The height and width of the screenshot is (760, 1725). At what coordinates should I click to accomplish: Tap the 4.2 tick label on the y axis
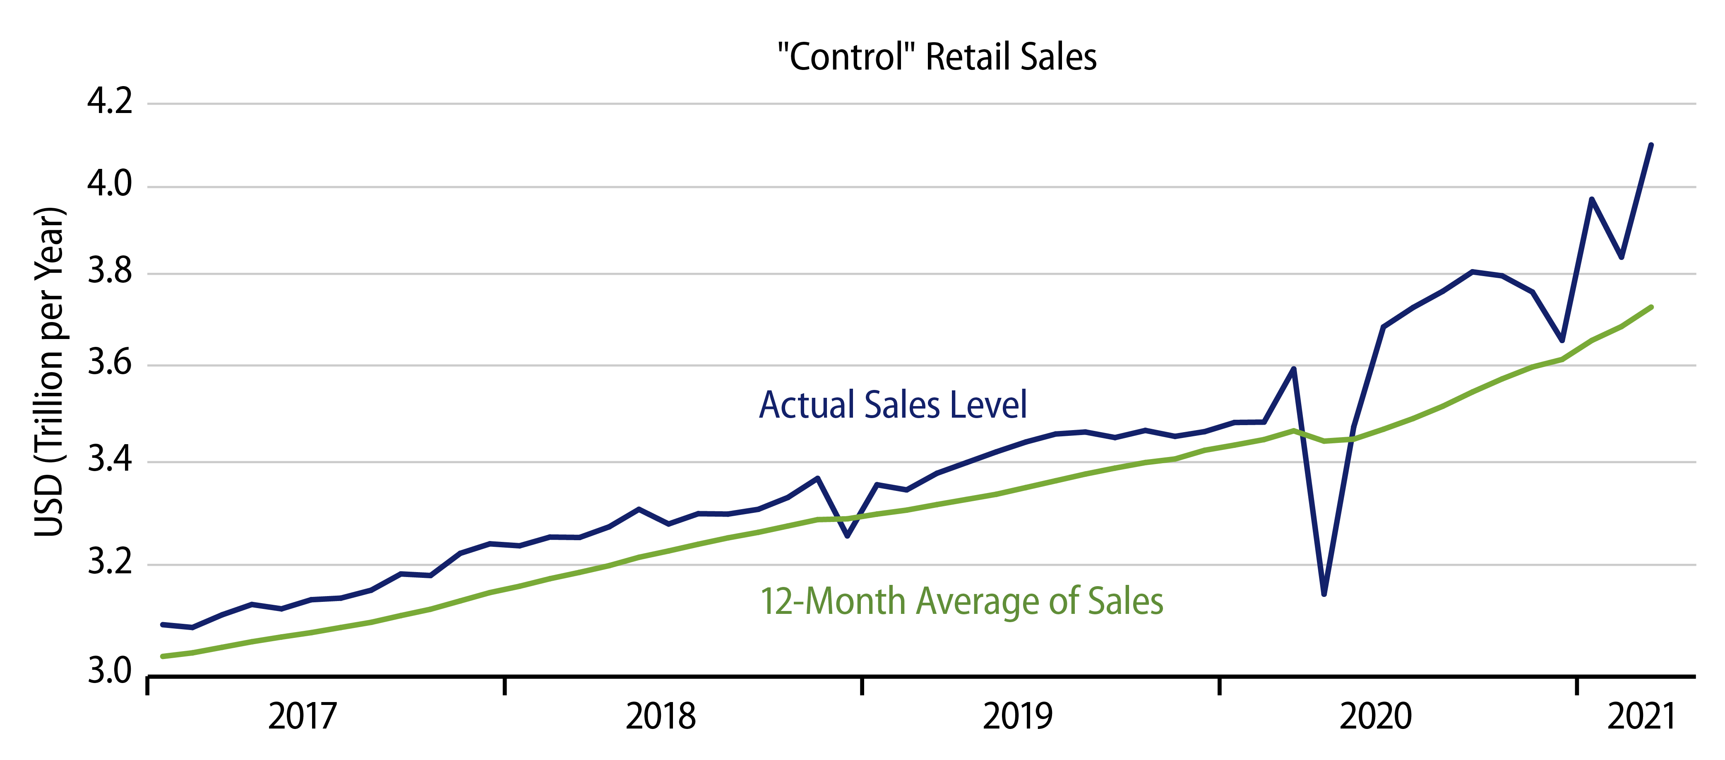(110, 102)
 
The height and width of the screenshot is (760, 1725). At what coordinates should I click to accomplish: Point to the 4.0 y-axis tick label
(110, 184)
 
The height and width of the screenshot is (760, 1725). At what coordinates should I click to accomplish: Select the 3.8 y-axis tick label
(110, 272)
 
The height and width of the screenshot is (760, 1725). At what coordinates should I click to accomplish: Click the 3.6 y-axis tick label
(110, 363)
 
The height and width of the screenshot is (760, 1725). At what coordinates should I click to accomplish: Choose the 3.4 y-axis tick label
(110, 460)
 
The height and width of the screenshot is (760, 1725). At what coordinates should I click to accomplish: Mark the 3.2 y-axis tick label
(110, 563)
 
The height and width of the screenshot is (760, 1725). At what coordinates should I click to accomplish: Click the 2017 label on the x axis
(302, 717)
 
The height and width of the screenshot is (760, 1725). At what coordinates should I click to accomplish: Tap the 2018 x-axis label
(660, 717)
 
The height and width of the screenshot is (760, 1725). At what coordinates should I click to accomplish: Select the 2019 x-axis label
(1017, 717)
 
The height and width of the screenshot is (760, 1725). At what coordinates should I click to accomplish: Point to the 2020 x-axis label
(1375, 717)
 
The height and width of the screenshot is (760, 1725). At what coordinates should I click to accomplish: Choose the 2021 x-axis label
(1641, 717)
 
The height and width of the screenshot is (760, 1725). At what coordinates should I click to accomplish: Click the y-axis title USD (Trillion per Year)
(50, 372)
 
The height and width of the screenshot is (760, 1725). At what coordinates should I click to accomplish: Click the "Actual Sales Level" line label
(893, 405)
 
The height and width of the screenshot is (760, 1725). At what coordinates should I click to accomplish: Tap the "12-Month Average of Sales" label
(961, 601)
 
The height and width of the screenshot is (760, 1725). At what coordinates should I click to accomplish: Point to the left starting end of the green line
(163, 656)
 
